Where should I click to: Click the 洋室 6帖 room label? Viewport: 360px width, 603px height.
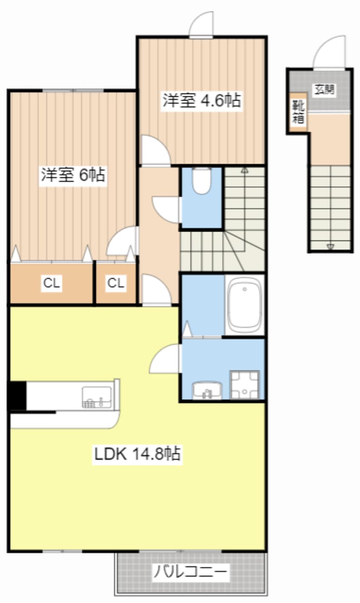pos(73,175)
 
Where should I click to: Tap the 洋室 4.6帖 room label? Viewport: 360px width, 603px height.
pos(201,101)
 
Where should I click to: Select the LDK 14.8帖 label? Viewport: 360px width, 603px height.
pos(137,454)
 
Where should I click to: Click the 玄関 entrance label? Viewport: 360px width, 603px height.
pos(325,90)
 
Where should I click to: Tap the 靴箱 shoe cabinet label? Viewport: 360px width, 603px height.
pos(298,111)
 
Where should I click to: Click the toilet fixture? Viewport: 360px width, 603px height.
pos(201,180)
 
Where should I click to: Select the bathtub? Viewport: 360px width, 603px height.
pos(244,305)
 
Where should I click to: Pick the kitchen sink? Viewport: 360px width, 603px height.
pos(97,397)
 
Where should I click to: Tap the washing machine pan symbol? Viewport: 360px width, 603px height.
pos(244,385)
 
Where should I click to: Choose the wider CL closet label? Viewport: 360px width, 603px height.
pos(51,283)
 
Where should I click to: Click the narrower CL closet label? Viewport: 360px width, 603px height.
pos(116,283)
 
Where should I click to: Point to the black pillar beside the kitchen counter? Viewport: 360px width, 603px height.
pos(17,396)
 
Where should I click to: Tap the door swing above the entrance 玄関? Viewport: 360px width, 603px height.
pos(330,53)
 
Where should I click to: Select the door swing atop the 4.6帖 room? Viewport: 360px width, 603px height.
pos(201,25)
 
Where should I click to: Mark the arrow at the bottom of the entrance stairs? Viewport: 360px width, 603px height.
pos(331,246)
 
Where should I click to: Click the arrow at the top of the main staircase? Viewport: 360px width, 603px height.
pos(244,171)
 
